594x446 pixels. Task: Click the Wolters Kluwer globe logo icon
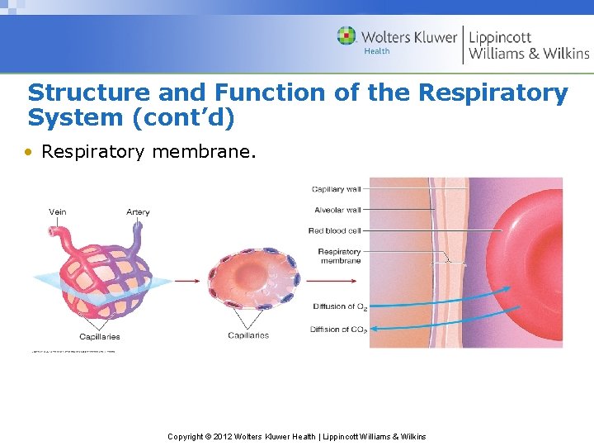click(347, 36)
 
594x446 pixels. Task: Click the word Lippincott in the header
click(500, 36)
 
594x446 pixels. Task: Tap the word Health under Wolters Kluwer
click(377, 51)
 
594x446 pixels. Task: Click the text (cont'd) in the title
click(184, 118)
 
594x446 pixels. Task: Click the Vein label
click(58, 212)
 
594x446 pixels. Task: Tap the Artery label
click(138, 212)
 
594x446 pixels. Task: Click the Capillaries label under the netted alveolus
click(99, 336)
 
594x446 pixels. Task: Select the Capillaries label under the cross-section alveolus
click(248, 335)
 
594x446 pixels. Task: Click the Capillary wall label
click(336, 189)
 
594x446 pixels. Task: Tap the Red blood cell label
click(334, 230)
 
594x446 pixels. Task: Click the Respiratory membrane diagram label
click(339, 256)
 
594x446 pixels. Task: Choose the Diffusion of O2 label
click(340, 306)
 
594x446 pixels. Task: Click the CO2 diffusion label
click(338, 330)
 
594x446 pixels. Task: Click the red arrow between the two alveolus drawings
click(186, 281)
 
